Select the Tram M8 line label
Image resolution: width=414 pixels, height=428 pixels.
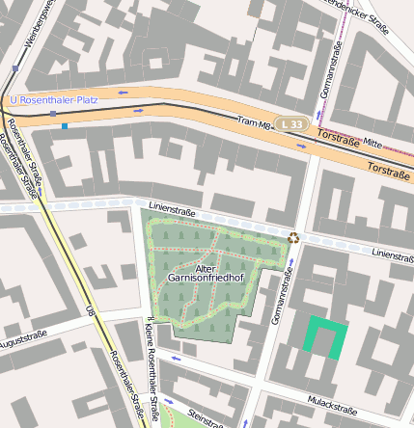coord(255,121)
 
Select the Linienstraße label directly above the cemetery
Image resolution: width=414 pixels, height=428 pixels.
coord(172,209)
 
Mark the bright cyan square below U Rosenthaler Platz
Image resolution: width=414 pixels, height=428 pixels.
coord(64,125)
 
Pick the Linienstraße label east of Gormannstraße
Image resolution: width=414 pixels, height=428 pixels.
coord(392,255)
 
